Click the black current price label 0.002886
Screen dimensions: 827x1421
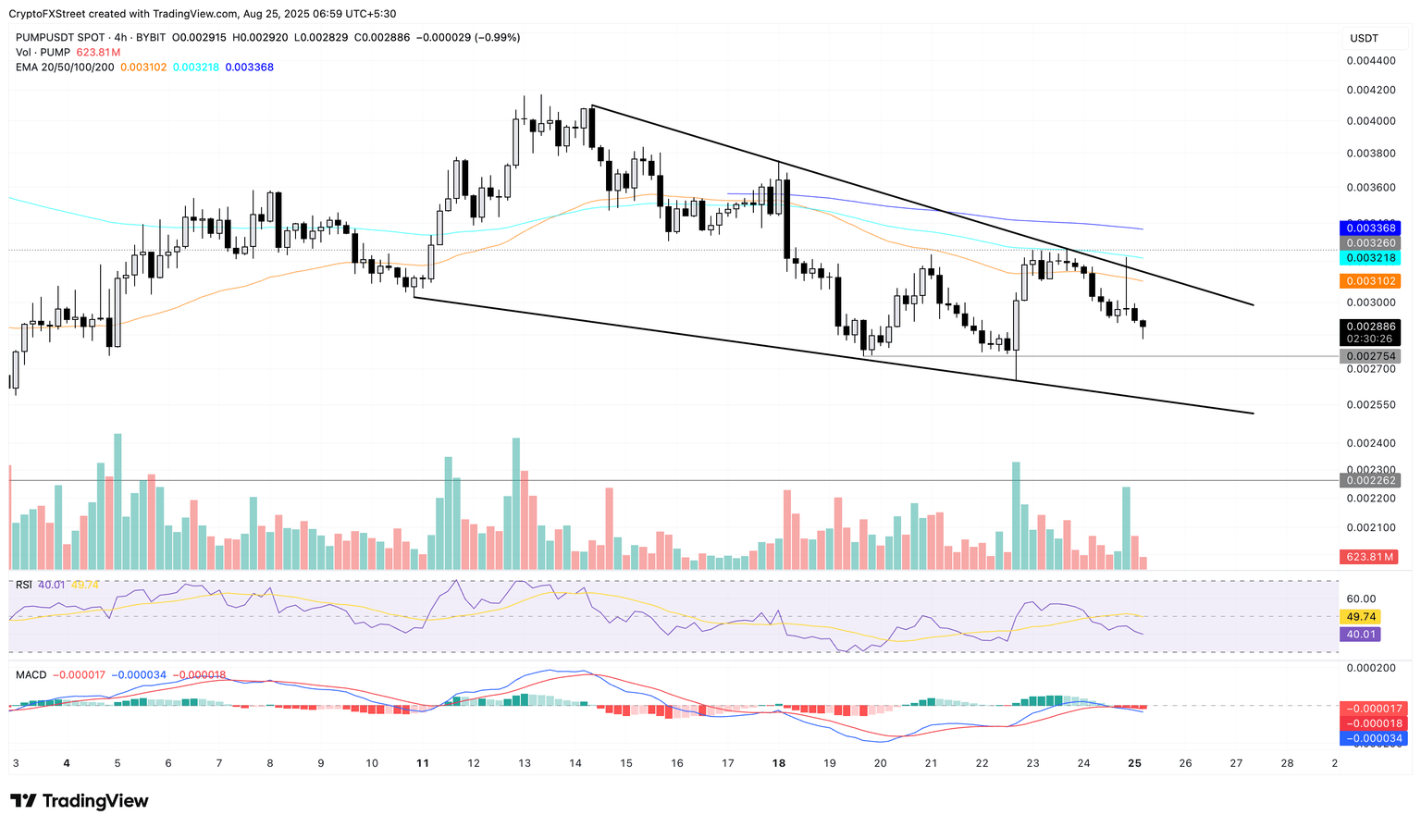click(1369, 327)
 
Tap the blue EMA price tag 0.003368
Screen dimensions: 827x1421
click(1369, 228)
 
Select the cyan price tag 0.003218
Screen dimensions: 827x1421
click(1369, 258)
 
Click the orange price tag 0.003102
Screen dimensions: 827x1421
click(1369, 281)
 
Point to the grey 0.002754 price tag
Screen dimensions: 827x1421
click(1369, 356)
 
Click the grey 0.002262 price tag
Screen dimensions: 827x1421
click(1369, 480)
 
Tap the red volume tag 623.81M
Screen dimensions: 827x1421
click(1369, 557)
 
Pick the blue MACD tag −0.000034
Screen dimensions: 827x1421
click(1369, 738)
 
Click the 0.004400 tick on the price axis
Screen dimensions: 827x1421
click(1371, 60)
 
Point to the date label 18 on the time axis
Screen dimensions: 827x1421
click(779, 763)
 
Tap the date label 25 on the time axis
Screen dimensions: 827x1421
click(1134, 763)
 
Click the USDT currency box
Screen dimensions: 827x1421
click(1365, 38)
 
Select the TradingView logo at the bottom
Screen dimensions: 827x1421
click(80, 801)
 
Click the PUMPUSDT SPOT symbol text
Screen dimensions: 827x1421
click(58, 38)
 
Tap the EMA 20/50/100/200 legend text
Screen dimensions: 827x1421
click(65, 68)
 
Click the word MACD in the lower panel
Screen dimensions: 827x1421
click(31, 675)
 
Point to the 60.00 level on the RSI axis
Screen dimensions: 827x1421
click(1362, 599)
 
